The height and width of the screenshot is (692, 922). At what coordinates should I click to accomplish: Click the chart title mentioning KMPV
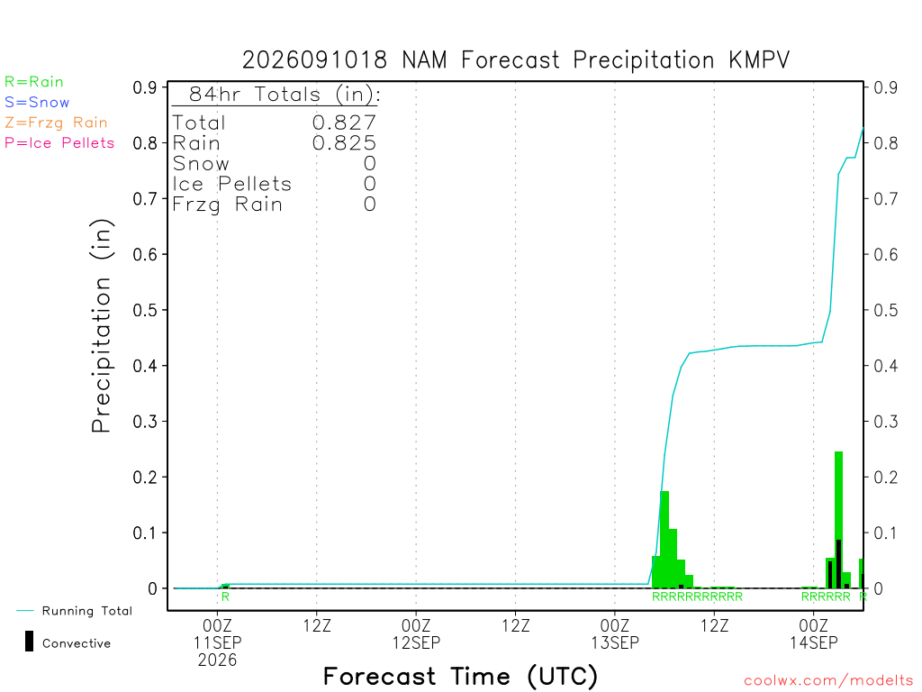click(x=516, y=60)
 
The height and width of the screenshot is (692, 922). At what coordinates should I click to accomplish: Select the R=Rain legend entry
click(x=34, y=82)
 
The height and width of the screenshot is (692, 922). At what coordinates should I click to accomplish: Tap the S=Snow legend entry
click(x=37, y=103)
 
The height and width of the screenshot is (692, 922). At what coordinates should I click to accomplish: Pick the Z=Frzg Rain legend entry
click(x=57, y=123)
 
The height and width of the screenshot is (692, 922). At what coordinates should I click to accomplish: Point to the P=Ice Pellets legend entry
click(x=59, y=143)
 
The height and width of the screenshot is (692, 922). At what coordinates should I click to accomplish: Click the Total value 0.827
click(x=344, y=123)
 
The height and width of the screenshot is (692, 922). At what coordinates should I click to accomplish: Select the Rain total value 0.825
click(x=344, y=143)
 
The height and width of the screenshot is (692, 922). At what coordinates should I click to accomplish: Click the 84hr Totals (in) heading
click(x=285, y=94)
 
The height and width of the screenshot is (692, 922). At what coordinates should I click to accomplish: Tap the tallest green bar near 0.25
click(x=838, y=520)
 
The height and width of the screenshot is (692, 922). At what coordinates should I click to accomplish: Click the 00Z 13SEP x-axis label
click(x=615, y=633)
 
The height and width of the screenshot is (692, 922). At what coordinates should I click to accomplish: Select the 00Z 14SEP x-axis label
click(x=814, y=633)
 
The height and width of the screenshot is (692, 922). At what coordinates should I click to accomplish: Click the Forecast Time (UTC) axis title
click(x=460, y=677)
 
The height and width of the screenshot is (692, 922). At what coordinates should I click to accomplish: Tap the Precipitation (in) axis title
click(x=101, y=326)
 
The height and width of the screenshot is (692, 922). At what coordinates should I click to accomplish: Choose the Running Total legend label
click(x=87, y=611)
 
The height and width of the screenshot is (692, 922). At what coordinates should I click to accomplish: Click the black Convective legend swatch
click(x=29, y=642)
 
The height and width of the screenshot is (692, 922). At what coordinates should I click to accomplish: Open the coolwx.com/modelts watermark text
click(x=828, y=681)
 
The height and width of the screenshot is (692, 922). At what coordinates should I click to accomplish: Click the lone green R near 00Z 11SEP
click(x=225, y=596)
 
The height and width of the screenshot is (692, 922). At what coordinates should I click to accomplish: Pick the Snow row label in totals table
click(x=201, y=164)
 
